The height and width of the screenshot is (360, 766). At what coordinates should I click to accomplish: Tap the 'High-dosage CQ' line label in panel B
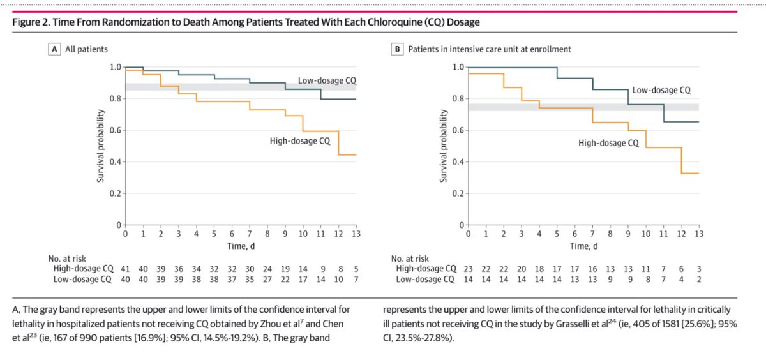coord(608,143)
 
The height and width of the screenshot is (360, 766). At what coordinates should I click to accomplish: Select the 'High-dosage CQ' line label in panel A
coord(299,140)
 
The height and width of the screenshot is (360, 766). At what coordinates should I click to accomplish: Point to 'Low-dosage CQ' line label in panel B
coord(661,91)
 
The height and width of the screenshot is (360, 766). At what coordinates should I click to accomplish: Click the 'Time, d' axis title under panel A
coord(241,246)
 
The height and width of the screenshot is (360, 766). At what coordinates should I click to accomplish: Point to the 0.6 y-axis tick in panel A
coord(115,131)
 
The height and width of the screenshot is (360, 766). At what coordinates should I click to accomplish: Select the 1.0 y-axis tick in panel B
coord(458,67)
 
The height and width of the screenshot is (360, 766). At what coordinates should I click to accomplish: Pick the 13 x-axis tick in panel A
coord(356,235)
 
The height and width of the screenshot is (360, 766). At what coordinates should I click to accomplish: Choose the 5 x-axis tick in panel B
coord(557,235)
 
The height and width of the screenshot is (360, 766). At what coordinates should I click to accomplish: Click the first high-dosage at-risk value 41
coord(126,269)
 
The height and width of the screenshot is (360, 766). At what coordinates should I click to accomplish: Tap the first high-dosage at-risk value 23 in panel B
coord(469,269)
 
